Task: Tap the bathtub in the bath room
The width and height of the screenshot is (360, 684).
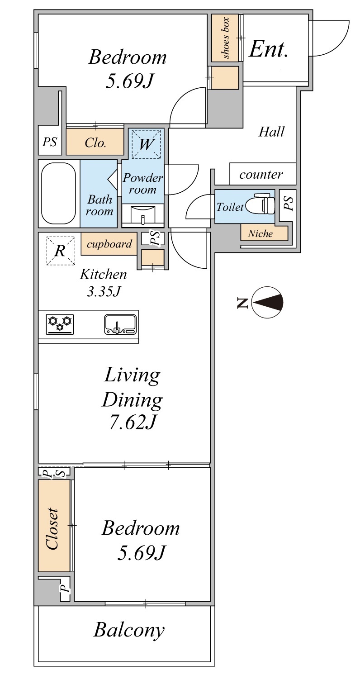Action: (x=58, y=193)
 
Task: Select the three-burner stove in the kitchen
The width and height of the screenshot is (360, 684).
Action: (x=60, y=324)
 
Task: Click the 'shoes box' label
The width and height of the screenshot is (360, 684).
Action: (x=226, y=38)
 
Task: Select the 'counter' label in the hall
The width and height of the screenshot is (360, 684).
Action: (x=261, y=174)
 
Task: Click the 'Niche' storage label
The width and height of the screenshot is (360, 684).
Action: (x=260, y=233)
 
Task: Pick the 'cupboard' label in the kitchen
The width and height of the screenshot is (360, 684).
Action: (x=109, y=244)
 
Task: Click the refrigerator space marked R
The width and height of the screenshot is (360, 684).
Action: (x=61, y=251)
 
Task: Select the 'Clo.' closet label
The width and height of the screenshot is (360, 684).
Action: (x=95, y=142)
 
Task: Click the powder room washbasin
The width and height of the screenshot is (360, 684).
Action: (x=143, y=215)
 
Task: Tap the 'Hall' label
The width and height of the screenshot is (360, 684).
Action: (x=271, y=132)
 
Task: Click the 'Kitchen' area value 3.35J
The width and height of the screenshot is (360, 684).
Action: (x=104, y=292)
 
